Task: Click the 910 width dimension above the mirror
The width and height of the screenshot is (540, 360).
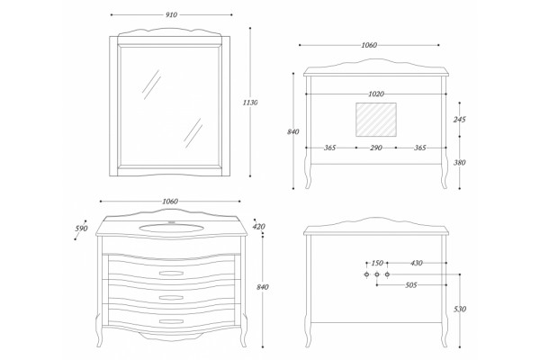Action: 171,14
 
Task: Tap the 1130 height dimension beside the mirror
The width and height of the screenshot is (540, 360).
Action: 250,103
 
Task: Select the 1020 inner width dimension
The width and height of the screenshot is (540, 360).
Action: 376,94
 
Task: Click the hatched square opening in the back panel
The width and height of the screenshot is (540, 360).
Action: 376,119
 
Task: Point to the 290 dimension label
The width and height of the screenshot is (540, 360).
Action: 376,148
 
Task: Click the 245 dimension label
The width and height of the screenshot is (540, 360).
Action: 459,120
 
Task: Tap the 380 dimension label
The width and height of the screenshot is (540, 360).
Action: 459,163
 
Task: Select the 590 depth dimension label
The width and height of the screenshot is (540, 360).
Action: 82,229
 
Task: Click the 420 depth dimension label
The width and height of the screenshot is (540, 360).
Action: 258,227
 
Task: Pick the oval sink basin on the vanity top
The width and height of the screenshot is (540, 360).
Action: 171,228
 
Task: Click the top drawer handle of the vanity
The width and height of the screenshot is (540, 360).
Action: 171,274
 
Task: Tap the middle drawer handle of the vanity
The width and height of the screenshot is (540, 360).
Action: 171,297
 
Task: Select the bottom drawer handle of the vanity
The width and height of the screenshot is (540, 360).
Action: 171,321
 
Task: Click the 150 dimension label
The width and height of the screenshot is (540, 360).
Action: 377,263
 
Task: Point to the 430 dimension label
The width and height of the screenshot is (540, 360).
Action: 417,263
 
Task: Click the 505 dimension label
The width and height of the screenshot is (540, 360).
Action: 411,285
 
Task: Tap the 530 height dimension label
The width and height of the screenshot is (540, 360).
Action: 460,309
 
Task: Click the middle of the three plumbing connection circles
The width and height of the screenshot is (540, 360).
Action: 377,274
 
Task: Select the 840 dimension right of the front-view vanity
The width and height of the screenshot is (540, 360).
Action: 263,287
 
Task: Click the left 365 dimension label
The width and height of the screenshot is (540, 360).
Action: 329,148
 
